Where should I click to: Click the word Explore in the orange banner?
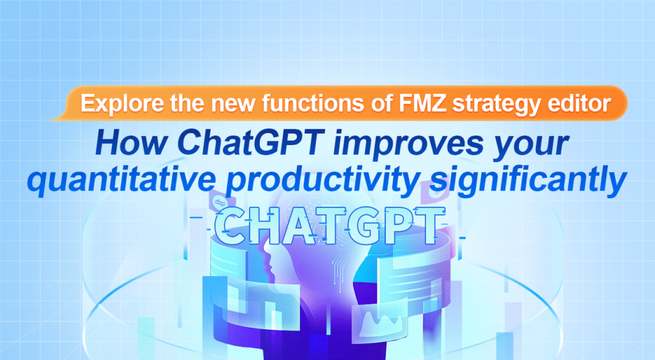click(x=114, y=104)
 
